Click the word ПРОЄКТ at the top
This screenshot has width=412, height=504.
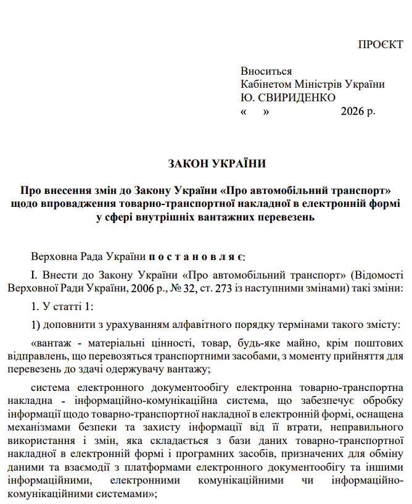pyautogui.click(x=381, y=46)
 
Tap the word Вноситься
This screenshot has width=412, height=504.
pyautogui.click(x=266, y=72)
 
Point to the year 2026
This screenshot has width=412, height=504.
pyautogui.click(x=352, y=112)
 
